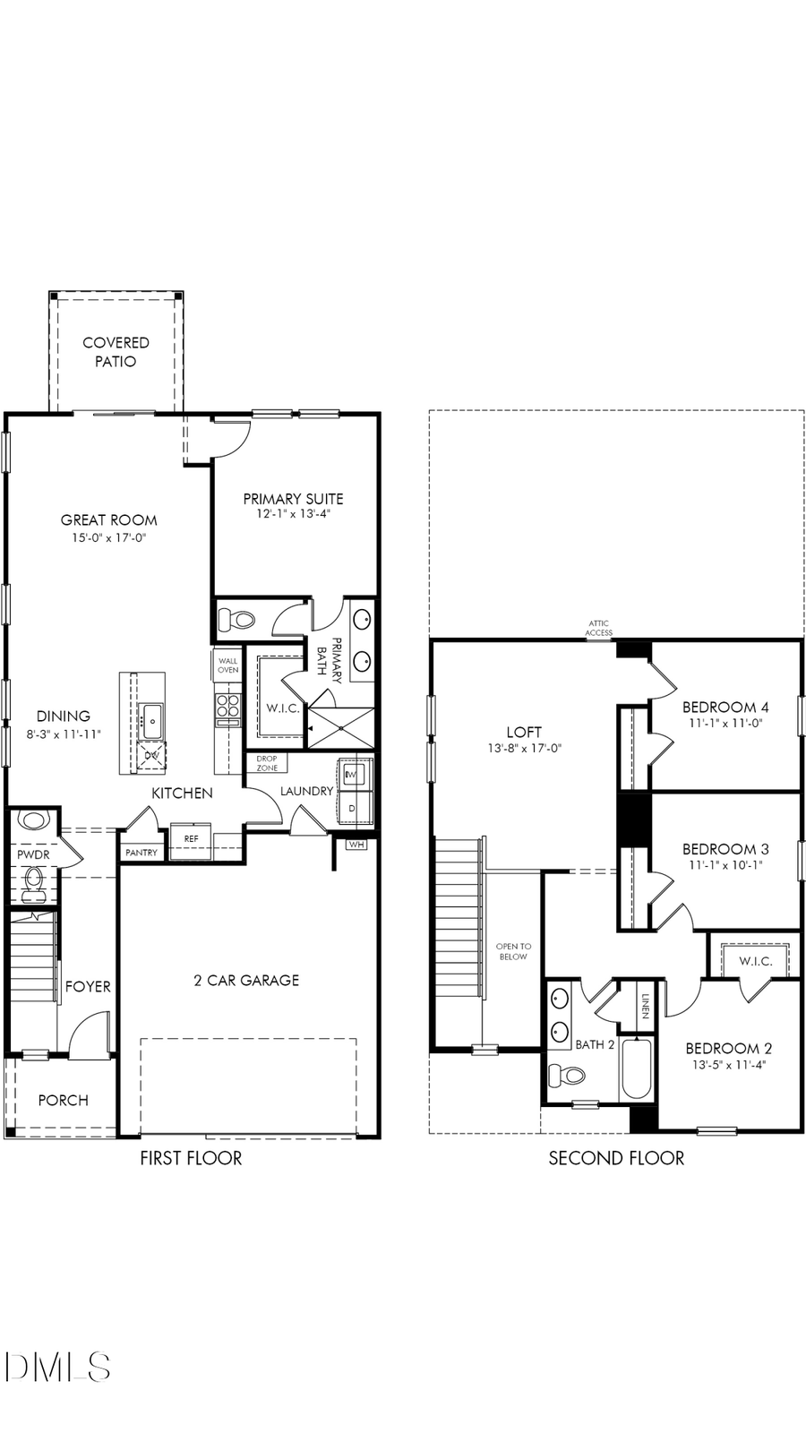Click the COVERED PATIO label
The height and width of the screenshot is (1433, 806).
pos(116,352)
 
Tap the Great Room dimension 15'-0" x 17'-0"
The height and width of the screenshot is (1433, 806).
pos(108,538)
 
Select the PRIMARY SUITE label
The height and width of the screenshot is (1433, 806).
pos(293,499)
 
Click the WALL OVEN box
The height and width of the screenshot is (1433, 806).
pos(228,665)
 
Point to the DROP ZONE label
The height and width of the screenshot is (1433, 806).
pos(267,763)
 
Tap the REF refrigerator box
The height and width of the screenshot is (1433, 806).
pos(191,839)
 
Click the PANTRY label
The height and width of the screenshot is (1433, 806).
pos(141,853)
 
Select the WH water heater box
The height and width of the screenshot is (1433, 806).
pos(356,845)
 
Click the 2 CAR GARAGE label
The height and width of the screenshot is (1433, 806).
pos(246,980)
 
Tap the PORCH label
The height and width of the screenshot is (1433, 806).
pos(63,1100)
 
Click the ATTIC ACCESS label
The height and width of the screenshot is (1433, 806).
pos(599,628)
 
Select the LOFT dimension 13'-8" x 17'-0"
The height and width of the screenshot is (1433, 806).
pos(524,749)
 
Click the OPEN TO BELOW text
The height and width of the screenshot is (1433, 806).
pos(513,951)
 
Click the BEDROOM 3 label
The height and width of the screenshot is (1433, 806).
pos(725,849)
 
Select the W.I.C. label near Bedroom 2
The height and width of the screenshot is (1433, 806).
pos(755,961)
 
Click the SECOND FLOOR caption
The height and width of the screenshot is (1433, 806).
pos(616,1158)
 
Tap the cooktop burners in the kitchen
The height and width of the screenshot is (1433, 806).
pos(228,705)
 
